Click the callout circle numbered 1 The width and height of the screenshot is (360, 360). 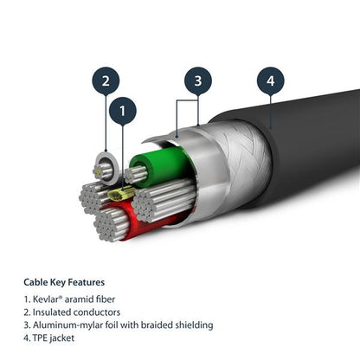123,111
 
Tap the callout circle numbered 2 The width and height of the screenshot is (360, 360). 105,81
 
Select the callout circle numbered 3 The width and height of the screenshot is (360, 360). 197,81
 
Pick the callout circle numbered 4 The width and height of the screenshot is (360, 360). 270,81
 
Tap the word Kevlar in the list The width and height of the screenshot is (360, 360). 48,297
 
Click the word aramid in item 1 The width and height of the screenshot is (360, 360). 82,297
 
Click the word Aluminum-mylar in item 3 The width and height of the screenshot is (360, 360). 71,325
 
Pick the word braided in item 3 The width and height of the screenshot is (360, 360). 163,325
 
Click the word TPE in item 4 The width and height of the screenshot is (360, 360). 43,338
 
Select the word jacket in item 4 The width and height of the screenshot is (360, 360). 68,338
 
